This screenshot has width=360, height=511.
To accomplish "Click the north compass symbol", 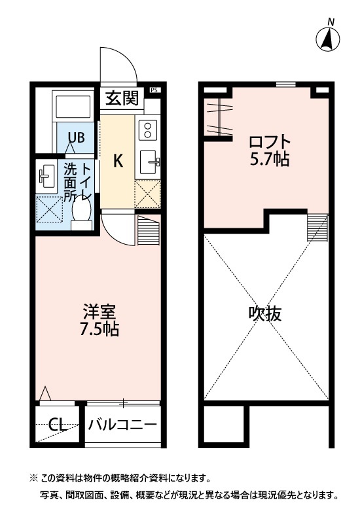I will (x=329, y=39).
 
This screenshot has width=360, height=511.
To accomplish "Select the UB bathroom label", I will (x=77, y=138).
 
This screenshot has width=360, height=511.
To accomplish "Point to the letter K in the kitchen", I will (x=118, y=161).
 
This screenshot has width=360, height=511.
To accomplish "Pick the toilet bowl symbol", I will (x=82, y=211).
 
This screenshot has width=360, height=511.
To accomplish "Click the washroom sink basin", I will (x=46, y=175).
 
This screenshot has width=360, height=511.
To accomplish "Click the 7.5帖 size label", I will (x=99, y=329).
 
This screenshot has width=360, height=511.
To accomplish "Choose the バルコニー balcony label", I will (x=123, y=425).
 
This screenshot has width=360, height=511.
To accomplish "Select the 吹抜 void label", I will (x=265, y=314).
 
